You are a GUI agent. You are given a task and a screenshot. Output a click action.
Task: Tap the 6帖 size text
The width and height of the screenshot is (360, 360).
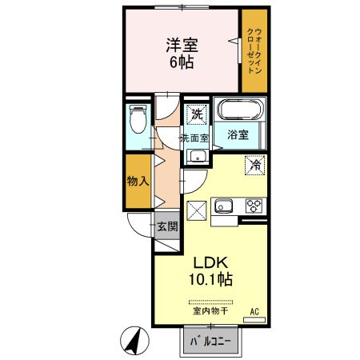pos(182,62)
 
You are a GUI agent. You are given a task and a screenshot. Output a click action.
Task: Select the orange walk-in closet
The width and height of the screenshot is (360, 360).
pos(254,50)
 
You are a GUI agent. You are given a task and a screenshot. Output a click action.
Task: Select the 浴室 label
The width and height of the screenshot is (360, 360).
pos(237,134)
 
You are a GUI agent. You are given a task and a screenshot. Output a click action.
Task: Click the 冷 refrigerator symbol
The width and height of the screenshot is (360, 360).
pos(255,166)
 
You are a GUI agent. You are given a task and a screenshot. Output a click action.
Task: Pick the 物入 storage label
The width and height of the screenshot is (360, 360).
pos(138,182)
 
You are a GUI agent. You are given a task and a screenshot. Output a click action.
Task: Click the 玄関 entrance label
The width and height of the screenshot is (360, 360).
pos(166,226)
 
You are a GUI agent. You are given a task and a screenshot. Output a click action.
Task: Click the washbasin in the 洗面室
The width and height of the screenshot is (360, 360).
pos(194,157)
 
